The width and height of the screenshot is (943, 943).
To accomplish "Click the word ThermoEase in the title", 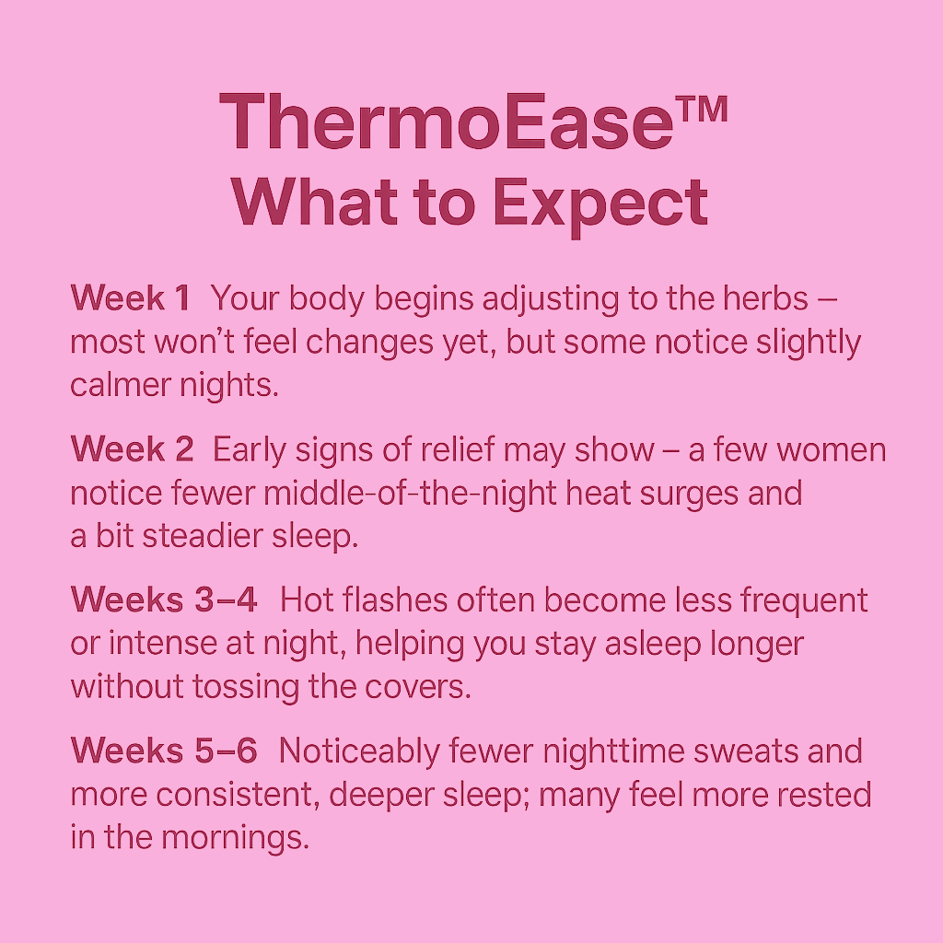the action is [447, 122].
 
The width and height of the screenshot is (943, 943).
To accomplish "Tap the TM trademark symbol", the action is [702, 111].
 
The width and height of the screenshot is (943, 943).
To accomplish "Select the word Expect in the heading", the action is [600, 204].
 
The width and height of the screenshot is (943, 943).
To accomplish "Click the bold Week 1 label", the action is [131, 297].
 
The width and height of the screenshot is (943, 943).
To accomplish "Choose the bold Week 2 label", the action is [133, 449].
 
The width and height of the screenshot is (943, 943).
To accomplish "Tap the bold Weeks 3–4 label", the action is [164, 600].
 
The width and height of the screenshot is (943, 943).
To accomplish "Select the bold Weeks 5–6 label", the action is [164, 751].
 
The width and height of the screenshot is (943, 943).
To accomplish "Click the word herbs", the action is [765, 297].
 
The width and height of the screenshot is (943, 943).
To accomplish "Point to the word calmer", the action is [121, 385].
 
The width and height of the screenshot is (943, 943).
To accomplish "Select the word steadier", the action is [202, 536].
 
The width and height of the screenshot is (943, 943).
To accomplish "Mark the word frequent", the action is [803, 601].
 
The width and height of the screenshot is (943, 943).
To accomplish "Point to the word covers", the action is [417, 687].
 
